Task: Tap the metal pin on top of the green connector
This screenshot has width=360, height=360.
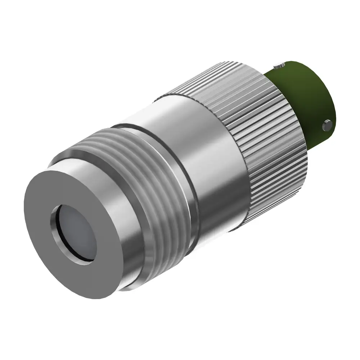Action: pyautogui.click(x=278, y=66)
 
